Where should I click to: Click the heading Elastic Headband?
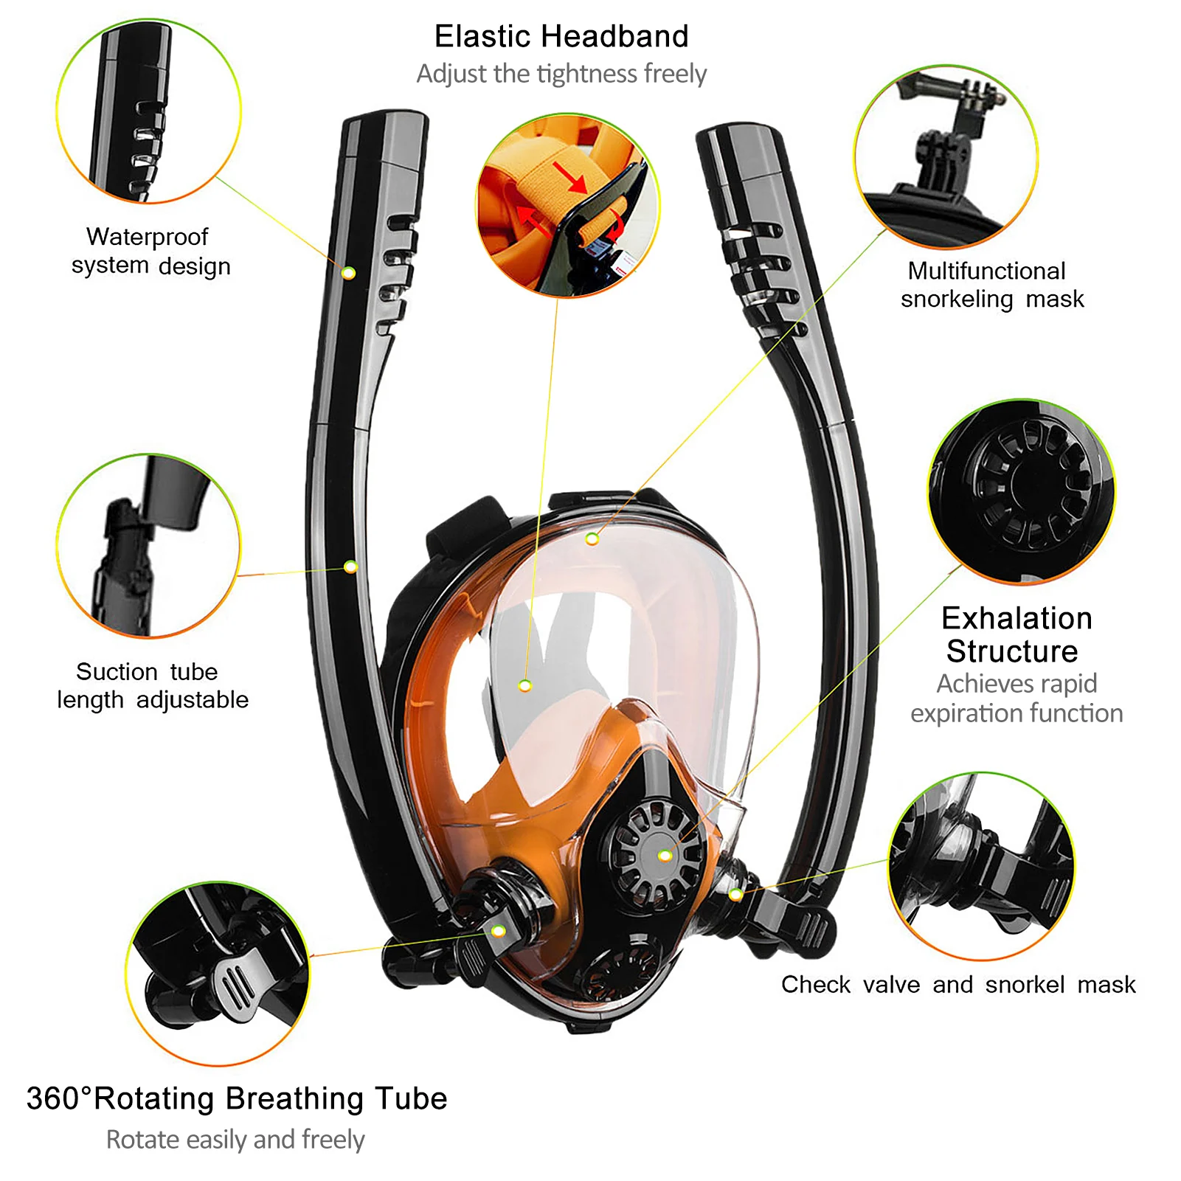(x=561, y=36)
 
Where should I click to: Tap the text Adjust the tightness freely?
(x=561, y=74)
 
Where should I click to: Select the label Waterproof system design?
(x=150, y=251)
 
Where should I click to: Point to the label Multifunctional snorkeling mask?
(x=991, y=285)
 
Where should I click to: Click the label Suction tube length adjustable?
(x=152, y=685)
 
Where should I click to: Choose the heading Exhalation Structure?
(x=1015, y=634)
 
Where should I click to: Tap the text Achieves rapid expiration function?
(x=1017, y=699)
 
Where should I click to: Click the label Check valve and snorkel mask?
(x=958, y=984)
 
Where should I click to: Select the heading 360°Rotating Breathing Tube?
(x=237, y=1098)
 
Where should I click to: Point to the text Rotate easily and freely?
(x=235, y=1140)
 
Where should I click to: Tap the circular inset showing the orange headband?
(x=567, y=206)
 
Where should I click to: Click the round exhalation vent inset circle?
(x=1022, y=491)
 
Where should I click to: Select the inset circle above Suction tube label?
(x=148, y=545)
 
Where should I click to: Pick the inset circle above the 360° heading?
(x=218, y=973)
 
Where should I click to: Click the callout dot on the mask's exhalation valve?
(x=665, y=856)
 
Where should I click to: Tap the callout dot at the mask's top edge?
(x=592, y=539)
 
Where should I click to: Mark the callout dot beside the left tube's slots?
(x=349, y=273)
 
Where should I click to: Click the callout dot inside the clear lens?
(x=524, y=686)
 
